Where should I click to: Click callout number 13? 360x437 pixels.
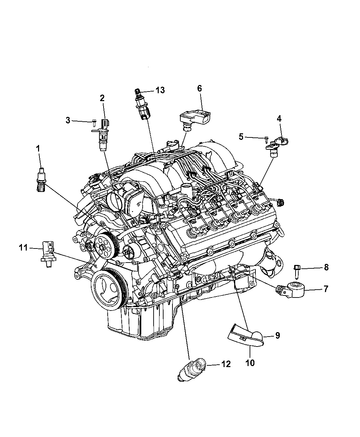pos(160,90)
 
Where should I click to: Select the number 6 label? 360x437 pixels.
pos(200,88)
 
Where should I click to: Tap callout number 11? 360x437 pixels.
pos(23,248)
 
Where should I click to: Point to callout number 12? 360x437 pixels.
pos(226,364)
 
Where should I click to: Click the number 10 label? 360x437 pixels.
pos(250,363)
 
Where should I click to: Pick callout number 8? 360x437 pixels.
pos(326,267)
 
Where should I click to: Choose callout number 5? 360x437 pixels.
pos(241,137)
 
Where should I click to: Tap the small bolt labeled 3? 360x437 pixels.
pos(94,123)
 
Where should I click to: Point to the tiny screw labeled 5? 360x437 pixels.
pos(266,139)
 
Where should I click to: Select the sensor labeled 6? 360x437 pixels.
pos(195,121)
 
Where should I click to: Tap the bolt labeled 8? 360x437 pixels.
pos(297,272)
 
